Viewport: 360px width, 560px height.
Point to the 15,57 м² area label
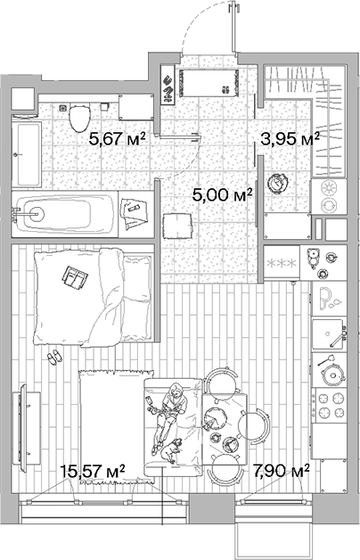92,470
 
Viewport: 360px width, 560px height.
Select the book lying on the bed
72,278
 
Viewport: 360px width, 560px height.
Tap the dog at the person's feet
171,450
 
